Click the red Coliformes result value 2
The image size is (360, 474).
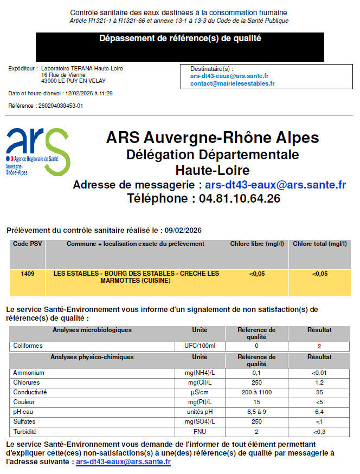click(x=319, y=346)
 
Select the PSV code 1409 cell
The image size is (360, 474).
click(x=28, y=274)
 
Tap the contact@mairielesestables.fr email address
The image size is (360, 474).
click(x=232, y=83)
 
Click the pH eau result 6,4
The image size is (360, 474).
click(x=319, y=412)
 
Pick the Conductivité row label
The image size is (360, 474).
click(x=30, y=392)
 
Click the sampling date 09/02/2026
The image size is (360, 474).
click(x=183, y=230)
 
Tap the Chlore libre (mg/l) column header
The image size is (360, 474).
click(x=256, y=244)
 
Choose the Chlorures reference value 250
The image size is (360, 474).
click(x=256, y=382)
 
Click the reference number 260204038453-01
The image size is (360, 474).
click(x=60, y=106)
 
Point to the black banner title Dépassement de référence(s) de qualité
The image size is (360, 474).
click(x=180, y=38)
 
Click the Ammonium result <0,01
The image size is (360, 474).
click(x=319, y=373)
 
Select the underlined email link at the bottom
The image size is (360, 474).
click(x=123, y=462)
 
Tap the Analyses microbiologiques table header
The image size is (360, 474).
click(x=92, y=330)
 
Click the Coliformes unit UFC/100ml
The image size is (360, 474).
click(x=200, y=346)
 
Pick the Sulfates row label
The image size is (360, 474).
click(x=25, y=421)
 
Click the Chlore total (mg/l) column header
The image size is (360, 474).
click(x=319, y=244)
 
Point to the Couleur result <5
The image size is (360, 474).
click(x=319, y=402)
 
